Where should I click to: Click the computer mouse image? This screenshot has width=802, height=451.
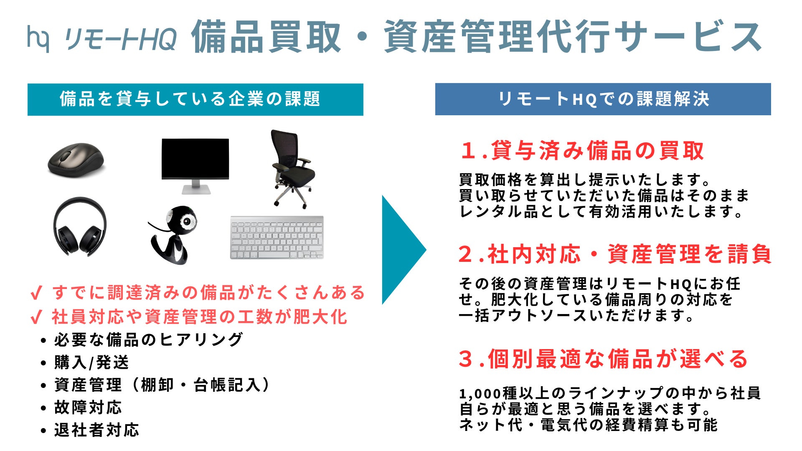click(x=76, y=160)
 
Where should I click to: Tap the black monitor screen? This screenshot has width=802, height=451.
click(x=195, y=158)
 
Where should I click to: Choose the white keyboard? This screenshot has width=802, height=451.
click(x=277, y=238)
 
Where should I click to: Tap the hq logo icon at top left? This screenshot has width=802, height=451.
click(x=38, y=38)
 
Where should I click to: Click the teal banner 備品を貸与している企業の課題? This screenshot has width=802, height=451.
click(x=195, y=99)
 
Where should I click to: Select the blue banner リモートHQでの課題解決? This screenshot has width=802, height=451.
click(x=603, y=99)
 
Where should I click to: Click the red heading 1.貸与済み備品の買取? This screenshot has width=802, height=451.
click(x=582, y=151)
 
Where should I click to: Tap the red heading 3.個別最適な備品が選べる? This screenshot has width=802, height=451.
click(x=603, y=359)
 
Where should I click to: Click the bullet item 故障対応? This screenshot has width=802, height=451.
click(x=88, y=408)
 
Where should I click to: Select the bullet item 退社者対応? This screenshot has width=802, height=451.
click(x=96, y=430)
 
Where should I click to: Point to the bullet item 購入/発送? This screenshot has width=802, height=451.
click(x=91, y=362)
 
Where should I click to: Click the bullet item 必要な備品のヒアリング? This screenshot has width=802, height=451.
click(x=148, y=340)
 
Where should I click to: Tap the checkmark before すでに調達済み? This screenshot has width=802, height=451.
click(x=36, y=293)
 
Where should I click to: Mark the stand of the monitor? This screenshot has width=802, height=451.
click(x=195, y=187)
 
